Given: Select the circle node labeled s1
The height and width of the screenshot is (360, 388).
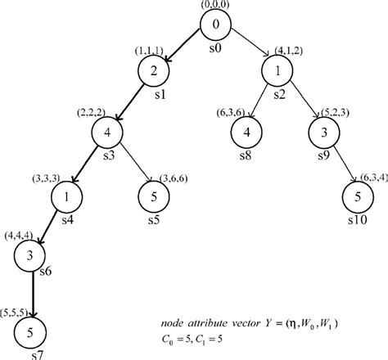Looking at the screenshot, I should coord(153,70).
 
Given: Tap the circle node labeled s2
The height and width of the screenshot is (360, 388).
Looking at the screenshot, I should coord(278,70).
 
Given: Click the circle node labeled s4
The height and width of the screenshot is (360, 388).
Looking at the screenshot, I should coord(67,196).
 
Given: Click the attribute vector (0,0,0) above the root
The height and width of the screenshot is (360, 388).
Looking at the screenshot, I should coord(214,5).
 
